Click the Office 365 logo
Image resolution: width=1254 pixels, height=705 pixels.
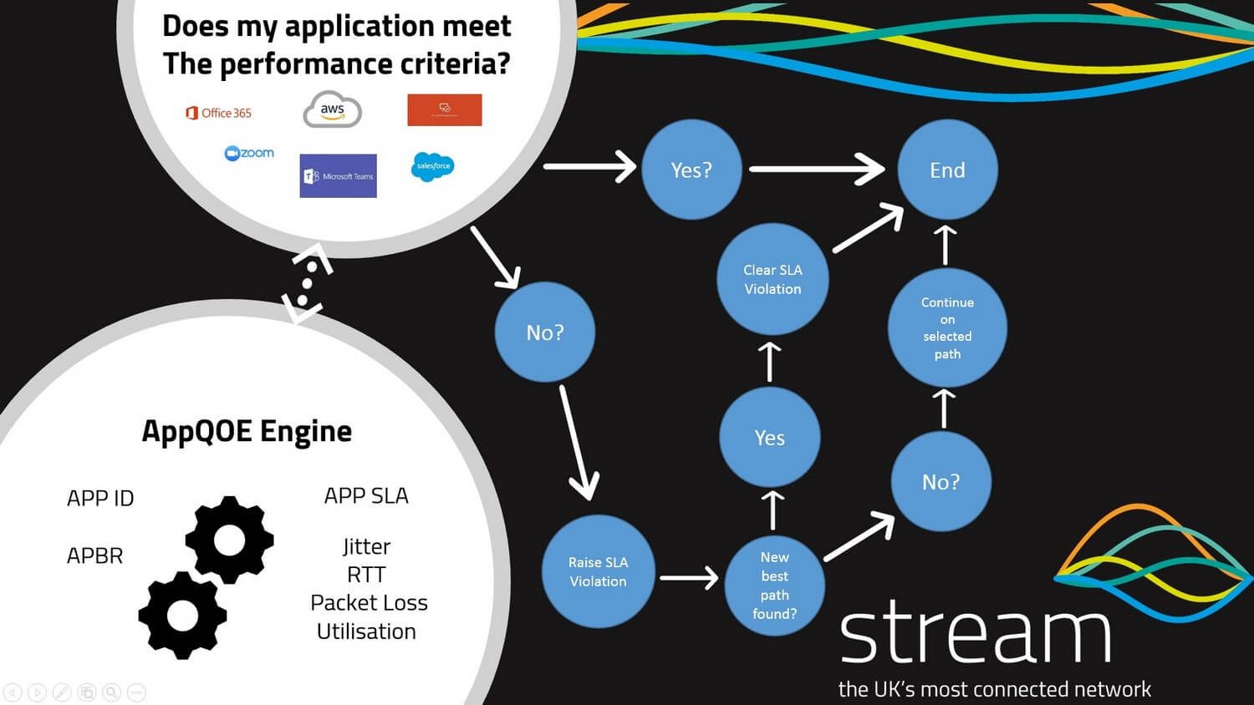tap(218, 113)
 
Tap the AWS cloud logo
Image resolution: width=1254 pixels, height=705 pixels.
tap(332, 110)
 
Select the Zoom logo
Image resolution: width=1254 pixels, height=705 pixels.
tap(249, 153)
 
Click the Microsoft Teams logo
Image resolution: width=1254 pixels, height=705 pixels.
tap(338, 175)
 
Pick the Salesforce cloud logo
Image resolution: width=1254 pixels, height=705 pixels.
tap(432, 166)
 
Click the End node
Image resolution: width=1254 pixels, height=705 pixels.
tap(947, 170)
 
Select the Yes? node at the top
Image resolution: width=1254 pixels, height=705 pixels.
tap(691, 170)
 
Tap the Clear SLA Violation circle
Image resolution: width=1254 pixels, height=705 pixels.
tap(772, 279)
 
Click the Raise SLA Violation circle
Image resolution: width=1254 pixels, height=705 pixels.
tap(598, 571)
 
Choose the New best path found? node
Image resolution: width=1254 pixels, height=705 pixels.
tap(774, 585)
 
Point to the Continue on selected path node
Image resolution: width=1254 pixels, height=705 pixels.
tap(947, 327)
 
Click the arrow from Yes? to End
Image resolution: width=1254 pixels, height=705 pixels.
tap(816, 169)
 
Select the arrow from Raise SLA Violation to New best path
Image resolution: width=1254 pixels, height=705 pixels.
tap(689, 577)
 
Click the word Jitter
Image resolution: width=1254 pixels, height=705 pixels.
tap(366, 546)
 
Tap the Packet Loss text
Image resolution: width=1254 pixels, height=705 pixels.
tap(369, 602)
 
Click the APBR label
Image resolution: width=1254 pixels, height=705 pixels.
tap(94, 555)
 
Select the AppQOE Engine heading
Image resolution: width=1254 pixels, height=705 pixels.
tap(247, 431)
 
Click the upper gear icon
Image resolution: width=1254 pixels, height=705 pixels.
tap(229, 540)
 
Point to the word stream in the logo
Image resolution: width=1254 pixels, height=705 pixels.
tap(975, 633)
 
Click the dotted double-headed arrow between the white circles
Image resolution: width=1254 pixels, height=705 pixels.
tap(308, 282)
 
